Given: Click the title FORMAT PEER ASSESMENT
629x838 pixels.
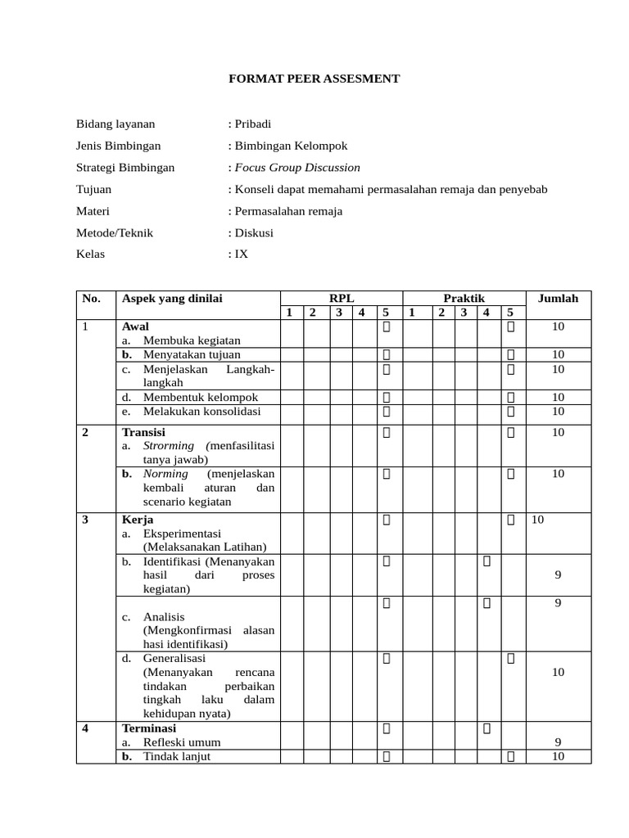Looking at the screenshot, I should coord(314,79).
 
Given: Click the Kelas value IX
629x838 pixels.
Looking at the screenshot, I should coord(241,254).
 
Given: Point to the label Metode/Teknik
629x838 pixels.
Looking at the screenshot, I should coord(115,232).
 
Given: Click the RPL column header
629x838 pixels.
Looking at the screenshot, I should coord(342,299).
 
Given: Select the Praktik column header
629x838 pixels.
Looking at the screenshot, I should coord(464,299).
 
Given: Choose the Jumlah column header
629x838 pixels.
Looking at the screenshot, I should coord(558,299).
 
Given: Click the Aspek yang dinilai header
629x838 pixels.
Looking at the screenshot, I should coord(172,299).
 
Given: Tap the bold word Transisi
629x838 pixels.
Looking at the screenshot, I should coord(143,431).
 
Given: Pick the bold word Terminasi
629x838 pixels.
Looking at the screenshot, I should coord(149,728).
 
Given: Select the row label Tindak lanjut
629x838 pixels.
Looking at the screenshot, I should coord(177,756).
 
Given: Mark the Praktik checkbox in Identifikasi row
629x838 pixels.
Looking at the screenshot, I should coord(486,561).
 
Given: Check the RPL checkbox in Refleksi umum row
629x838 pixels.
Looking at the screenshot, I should coord(386,728).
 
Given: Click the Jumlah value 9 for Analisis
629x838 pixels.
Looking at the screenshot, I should coord(558,603).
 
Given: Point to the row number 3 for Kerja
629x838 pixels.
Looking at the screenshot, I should coord(85,520).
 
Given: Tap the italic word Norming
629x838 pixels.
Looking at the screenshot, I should coord(165,474).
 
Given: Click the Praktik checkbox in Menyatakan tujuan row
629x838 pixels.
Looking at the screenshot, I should coord(510,354).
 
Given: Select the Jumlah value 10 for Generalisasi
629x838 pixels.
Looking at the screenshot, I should coord(558,672).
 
